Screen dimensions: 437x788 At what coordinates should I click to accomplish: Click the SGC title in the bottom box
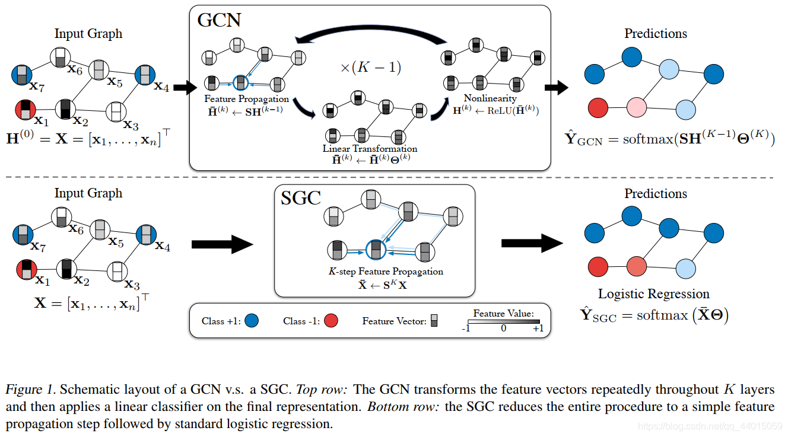tap(301, 197)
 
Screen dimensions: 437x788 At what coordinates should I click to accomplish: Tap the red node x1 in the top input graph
tap(25, 110)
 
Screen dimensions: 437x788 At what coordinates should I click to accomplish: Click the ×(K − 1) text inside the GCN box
tap(370, 68)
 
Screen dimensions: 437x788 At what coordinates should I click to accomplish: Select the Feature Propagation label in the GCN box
tap(246, 98)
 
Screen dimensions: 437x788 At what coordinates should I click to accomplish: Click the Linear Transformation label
tap(370, 148)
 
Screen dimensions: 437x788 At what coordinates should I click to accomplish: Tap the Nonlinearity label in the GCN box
tap(490, 98)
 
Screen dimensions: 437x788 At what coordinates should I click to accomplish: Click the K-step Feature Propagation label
tap(386, 271)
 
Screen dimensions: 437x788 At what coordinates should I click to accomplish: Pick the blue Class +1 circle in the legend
tap(252, 321)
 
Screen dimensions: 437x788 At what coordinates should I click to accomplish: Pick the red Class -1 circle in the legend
tap(332, 321)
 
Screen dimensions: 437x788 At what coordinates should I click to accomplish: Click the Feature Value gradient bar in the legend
tap(504, 321)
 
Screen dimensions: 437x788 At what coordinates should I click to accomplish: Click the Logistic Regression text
tap(653, 294)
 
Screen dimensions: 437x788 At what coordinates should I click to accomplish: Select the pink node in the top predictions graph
tap(636, 108)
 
